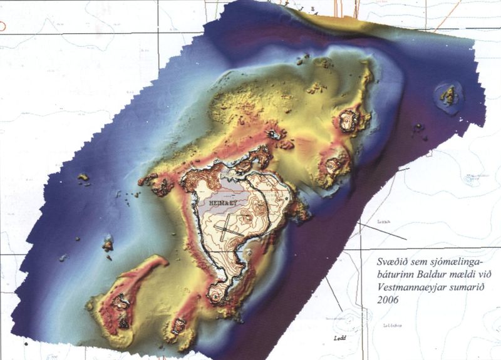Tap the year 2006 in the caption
378,300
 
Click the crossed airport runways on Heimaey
225,225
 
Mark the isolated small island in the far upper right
449,95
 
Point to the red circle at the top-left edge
2,26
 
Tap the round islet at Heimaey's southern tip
217,293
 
